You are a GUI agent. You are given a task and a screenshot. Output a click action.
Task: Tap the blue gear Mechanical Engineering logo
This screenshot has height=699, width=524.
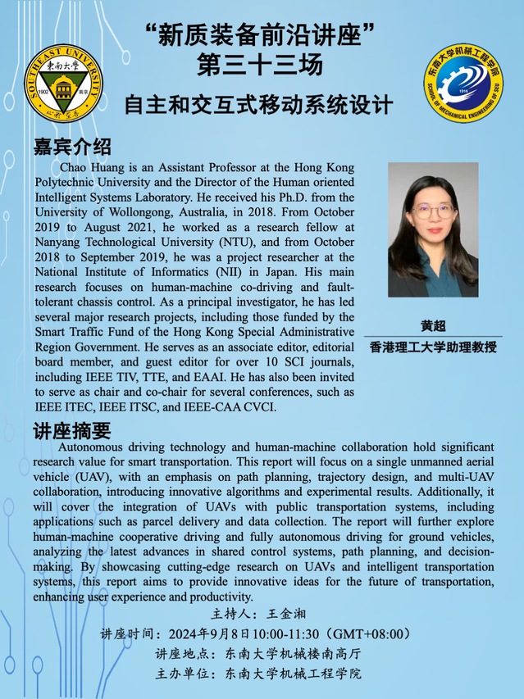(x=462, y=84)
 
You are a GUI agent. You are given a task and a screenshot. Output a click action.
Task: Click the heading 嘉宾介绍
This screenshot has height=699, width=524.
(x=72, y=148)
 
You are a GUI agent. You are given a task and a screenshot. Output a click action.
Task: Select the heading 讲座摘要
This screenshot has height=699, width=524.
(x=72, y=430)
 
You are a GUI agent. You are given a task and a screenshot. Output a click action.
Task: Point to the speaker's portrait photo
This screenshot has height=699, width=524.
(x=432, y=230)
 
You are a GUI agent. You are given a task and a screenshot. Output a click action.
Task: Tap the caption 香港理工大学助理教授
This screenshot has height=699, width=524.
(x=433, y=347)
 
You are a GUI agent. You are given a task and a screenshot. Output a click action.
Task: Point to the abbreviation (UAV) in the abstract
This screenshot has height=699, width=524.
(x=93, y=477)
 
